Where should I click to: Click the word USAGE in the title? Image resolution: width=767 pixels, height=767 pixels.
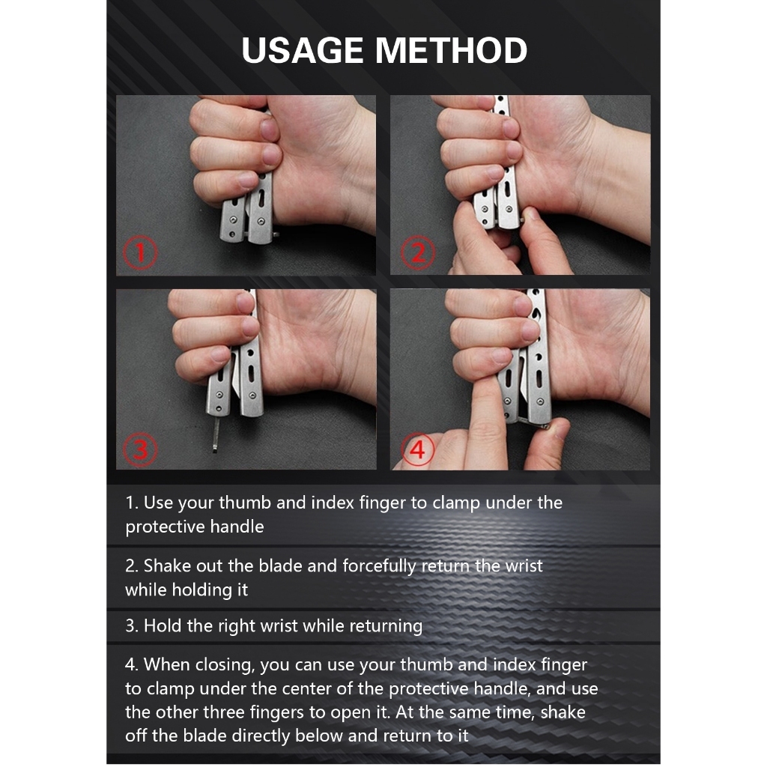pyautogui.click(x=302, y=50)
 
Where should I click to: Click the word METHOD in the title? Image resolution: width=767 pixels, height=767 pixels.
pyautogui.click(x=451, y=50)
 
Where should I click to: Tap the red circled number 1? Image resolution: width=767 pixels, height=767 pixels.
pyautogui.click(x=140, y=252)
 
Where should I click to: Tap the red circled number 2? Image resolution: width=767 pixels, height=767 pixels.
pyautogui.click(x=418, y=252)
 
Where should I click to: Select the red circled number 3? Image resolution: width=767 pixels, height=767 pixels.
pyautogui.click(x=140, y=449)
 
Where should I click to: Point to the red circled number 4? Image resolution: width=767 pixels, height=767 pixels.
pyautogui.click(x=418, y=449)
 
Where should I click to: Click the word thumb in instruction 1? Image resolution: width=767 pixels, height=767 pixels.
pyautogui.click(x=245, y=503)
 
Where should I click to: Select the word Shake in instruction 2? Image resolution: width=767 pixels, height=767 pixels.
pyautogui.click(x=167, y=566)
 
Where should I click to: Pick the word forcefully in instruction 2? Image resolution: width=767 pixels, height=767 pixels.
pyautogui.click(x=379, y=566)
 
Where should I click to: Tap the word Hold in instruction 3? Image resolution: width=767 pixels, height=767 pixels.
pyautogui.click(x=163, y=625)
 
